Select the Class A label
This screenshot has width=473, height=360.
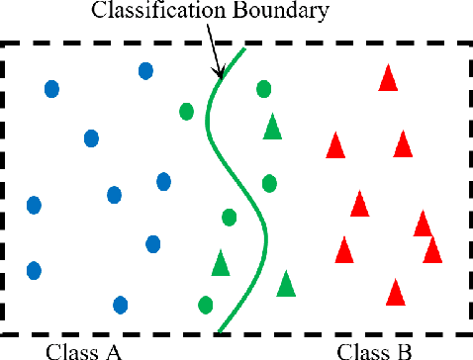(x=84, y=350)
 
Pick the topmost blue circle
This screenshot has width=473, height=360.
(x=145, y=70)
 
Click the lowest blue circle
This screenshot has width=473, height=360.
(x=120, y=305)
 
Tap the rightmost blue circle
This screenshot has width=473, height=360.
(x=163, y=181)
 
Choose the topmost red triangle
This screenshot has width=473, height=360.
(x=389, y=77)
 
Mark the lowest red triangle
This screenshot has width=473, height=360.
(x=396, y=292)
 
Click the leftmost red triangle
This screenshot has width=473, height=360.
(x=335, y=146)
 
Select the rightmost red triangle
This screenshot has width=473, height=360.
(x=432, y=249)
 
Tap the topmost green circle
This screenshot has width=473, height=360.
(x=263, y=89)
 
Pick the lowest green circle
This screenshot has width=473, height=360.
(x=206, y=304)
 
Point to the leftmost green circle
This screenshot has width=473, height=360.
(x=186, y=110)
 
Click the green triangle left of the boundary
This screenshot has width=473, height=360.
(x=221, y=263)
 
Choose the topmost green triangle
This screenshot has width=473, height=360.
(x=272, y=127)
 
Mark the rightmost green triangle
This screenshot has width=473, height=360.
(x=286, y=284)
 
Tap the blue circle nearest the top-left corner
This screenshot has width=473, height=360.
(x=51, y=89)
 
